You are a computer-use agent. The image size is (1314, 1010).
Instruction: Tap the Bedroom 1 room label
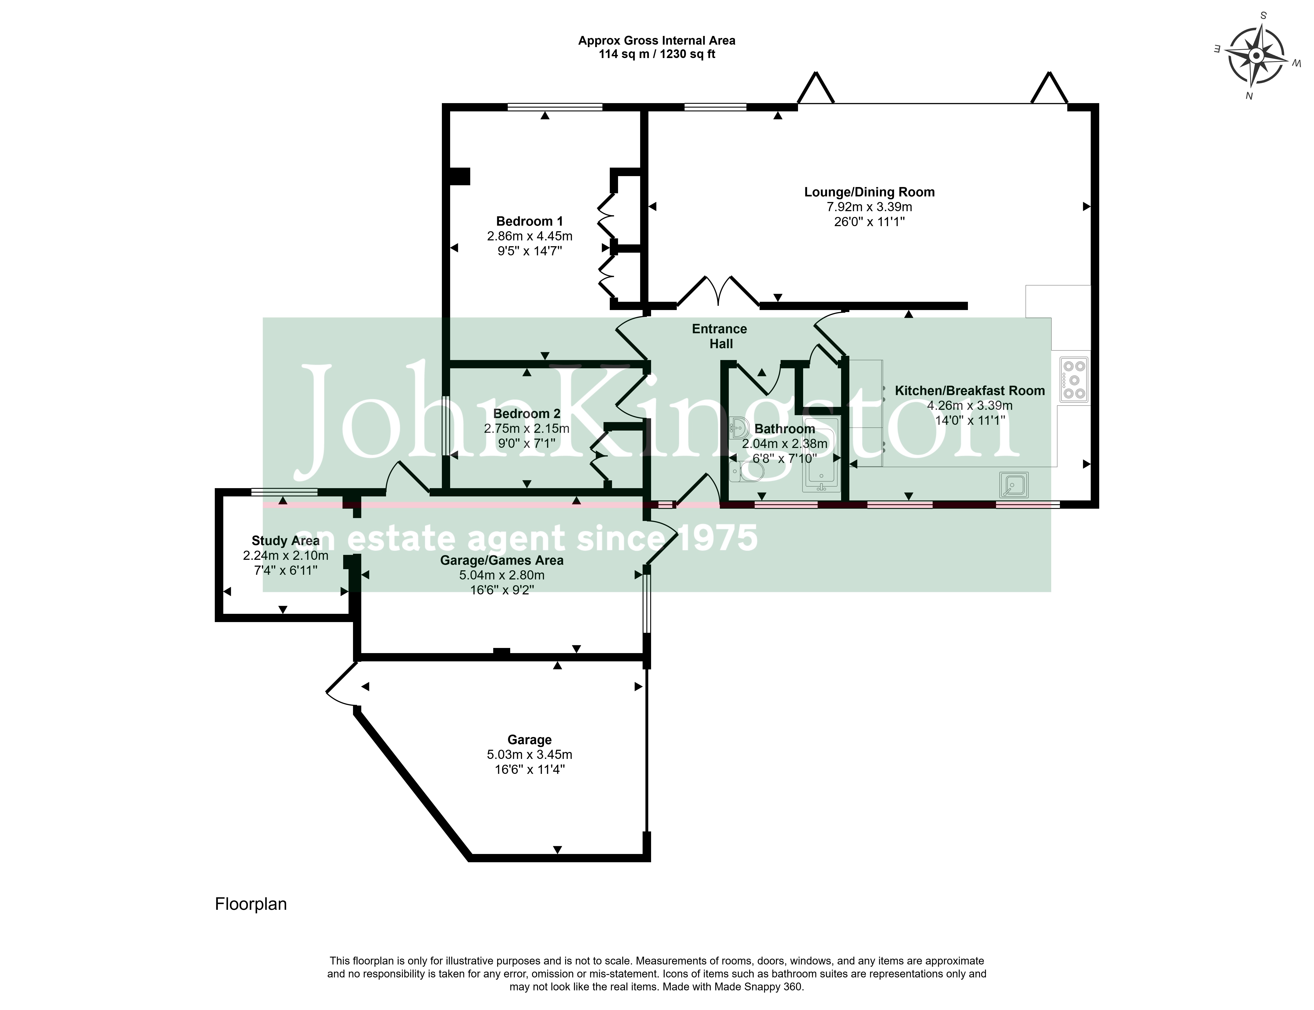(x=529, y=221)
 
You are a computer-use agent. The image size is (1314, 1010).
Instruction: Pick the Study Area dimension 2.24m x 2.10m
(x=286, y=556)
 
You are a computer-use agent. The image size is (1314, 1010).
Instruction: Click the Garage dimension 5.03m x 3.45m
(x=529, y=754)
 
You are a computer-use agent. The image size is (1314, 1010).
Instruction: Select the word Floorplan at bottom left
(x=251, y=904)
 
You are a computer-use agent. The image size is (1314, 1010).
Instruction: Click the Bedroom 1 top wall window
(x=554, y=107)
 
